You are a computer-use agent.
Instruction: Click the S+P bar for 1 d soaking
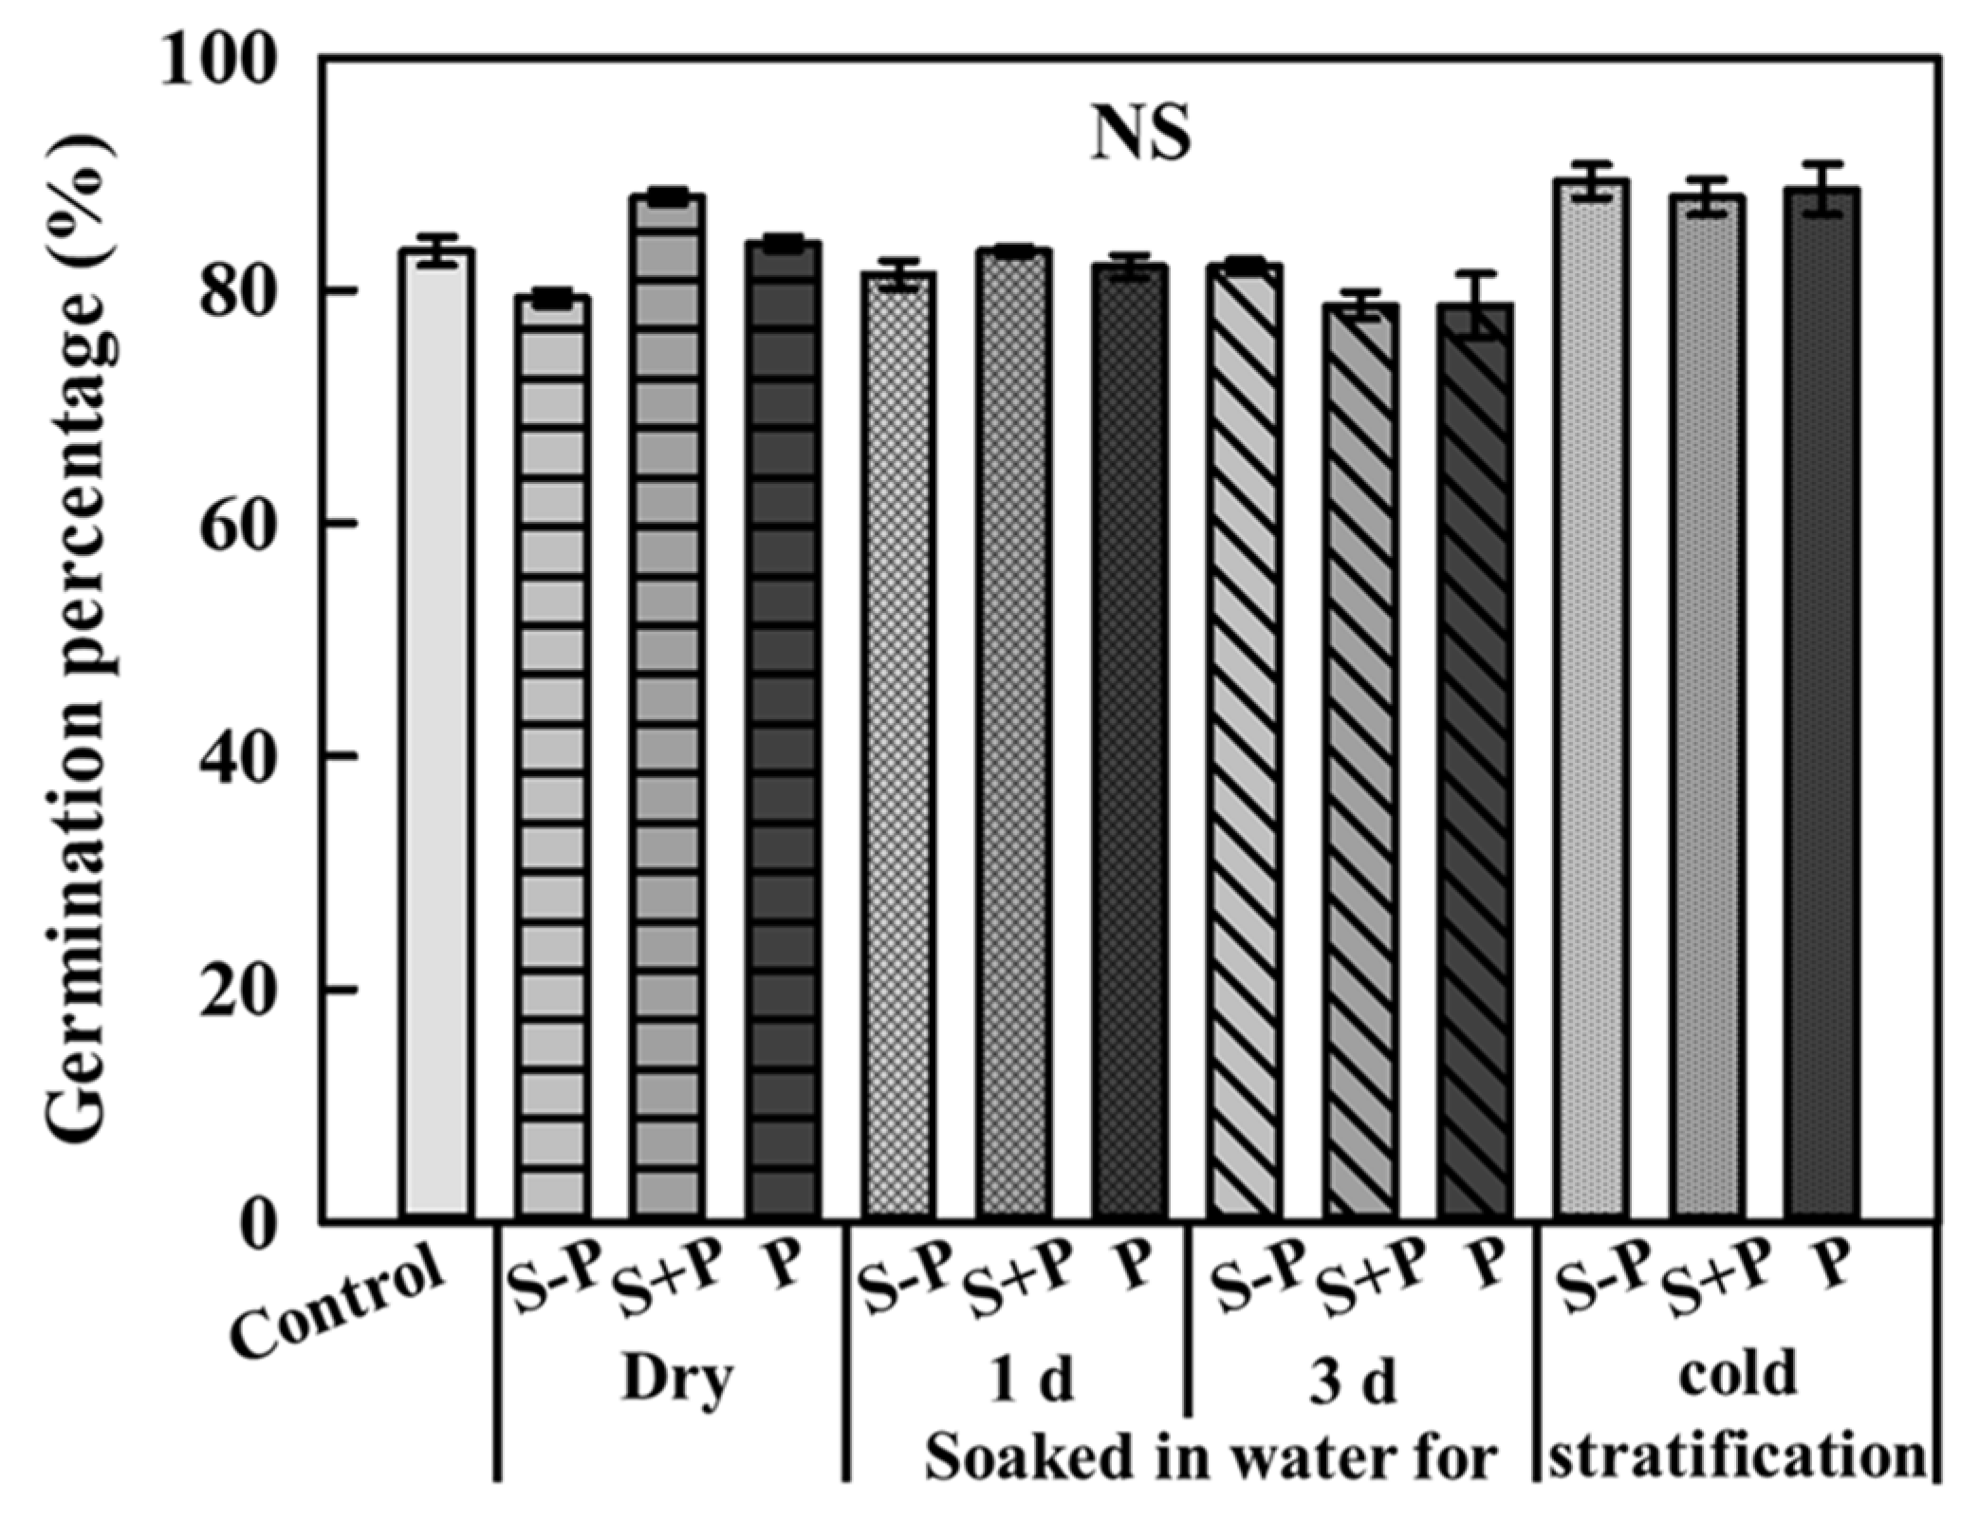(x=1015, y=731)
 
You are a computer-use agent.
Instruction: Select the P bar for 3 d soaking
(x=1474, y=759)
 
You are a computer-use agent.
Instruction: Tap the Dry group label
(x=677, y=1379)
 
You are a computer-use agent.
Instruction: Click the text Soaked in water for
(x=1211, y=1455)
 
